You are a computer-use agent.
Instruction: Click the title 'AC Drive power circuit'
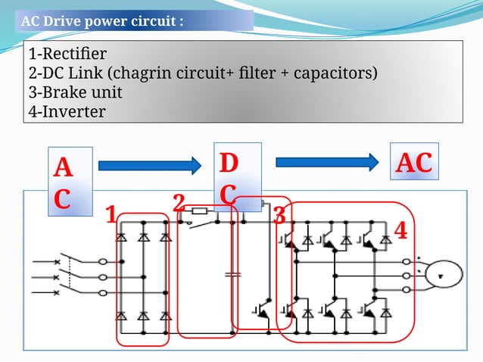point(102,20)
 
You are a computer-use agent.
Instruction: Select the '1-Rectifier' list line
point(67,55)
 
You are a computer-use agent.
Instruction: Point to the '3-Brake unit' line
point(75,92)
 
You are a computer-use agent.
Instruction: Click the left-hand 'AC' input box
point(64,183)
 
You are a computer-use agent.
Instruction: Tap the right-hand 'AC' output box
point(414,162)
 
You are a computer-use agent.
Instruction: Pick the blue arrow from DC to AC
point(326,161)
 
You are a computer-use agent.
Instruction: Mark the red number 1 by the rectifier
point(111,216)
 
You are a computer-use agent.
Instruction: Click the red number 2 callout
point(179,202)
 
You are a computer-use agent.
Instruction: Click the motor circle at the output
point(441,275)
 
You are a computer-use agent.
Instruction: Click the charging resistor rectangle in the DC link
point(200,212)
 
